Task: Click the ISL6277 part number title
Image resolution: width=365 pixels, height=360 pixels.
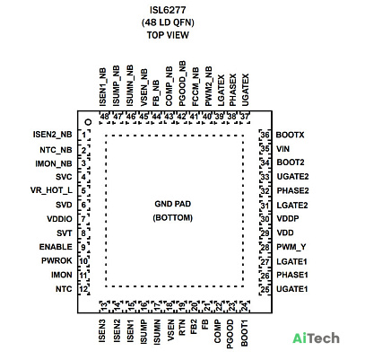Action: pos(168,10)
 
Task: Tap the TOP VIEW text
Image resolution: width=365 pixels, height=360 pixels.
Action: pos(168,35)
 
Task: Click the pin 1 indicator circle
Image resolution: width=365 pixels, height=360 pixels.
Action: pos(88,122)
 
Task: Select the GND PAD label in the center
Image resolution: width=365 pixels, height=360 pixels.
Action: pos(173,204)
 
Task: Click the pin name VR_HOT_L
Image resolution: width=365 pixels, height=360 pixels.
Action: pos(51,190)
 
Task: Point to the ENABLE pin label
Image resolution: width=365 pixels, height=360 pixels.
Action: pos(56,247)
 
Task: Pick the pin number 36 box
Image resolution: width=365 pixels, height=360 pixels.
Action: pos(265,135)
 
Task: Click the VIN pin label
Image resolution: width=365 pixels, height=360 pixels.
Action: pos(282,149)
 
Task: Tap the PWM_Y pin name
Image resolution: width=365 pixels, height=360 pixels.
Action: pos(291,247)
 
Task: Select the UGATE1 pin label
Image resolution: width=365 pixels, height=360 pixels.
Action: pos(292,289)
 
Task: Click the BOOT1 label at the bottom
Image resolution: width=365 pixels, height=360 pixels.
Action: pos(245,333)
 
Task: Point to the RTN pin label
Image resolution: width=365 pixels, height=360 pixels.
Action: pos(182,328)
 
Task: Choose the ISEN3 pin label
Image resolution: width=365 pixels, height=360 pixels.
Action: pos(102,331)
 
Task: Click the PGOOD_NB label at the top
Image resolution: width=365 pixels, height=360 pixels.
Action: pos(182,83)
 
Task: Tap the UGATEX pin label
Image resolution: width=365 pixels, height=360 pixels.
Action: pos(245,90)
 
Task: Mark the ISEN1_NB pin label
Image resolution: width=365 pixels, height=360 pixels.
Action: pos(102,87)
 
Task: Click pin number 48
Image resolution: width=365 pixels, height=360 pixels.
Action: pos(104,117)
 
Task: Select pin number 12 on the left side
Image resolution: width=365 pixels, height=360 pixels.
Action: pos(83,289)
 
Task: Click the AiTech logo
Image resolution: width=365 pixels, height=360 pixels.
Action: pos(316,338)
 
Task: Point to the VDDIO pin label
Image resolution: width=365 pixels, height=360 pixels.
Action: pos(59,219)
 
